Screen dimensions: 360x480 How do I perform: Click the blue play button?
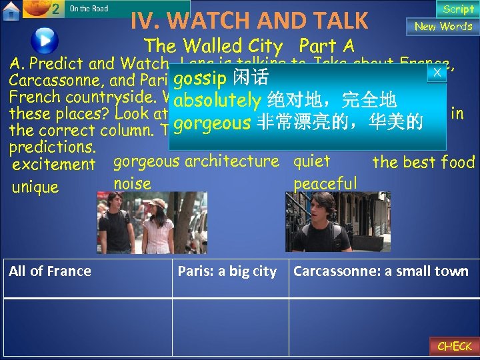[x=45, y=39]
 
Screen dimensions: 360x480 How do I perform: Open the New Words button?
[x=443, y=27]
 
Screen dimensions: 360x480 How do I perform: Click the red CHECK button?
[x=454, y=346]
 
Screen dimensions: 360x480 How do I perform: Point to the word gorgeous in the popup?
[x=207, y=123]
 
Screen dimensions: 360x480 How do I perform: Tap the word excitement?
[x=54, y=164]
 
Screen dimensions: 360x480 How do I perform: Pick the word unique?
[x=35, y=187]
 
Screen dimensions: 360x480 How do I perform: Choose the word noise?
[x=132, y=183]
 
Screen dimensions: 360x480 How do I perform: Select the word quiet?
[x=312, y=161]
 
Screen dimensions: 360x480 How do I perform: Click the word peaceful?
[x=325, y=183]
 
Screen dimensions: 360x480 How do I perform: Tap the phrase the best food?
[x=423, y=162]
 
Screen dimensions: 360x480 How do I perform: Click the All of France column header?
[x=51, y=271]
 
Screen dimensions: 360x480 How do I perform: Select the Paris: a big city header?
[x=227, y=271]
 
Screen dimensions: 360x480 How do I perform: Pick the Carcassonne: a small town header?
[x=381, y=271]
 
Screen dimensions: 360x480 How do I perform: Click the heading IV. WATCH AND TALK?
[x=249, y=21]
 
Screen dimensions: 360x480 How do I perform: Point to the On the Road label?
[x=89, y=9]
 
